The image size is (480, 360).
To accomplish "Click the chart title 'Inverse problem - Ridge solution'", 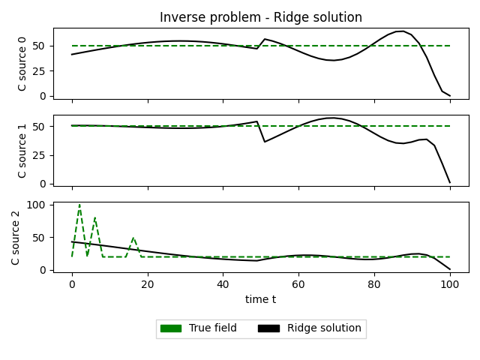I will (260, 17).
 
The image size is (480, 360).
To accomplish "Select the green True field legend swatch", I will (171, 328).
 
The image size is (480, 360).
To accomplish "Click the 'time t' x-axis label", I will (260, 299).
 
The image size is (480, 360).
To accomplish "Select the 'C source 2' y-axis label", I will (16, 237).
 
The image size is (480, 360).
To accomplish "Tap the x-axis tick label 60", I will (298, 284).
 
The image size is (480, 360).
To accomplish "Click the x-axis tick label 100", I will (450, 284).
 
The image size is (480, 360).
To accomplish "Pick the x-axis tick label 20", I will (148, 284).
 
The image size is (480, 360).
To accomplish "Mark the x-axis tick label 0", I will (72, 284).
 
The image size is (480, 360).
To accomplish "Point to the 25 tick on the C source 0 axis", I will (41, 71).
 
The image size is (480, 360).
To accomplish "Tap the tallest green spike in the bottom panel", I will (79, 205).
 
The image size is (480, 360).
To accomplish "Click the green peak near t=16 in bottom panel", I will (133, 238).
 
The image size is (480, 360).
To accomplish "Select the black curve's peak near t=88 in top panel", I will (403, 31).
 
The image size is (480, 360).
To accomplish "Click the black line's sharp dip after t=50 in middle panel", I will (265, 142).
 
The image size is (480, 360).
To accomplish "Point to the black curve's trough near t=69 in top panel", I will (333, 60).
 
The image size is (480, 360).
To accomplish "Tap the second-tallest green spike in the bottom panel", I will (94, 218).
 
